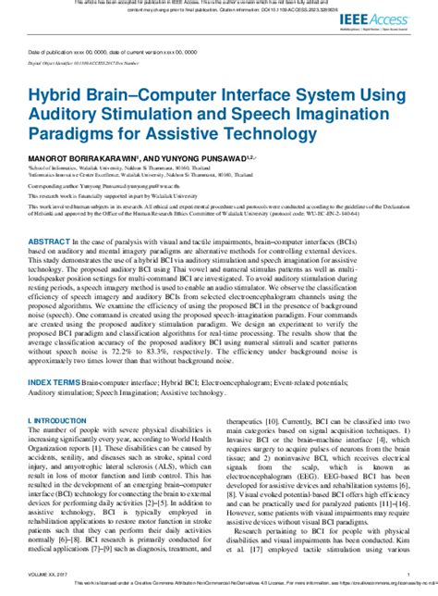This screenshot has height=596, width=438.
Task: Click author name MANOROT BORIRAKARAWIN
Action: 102,160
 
